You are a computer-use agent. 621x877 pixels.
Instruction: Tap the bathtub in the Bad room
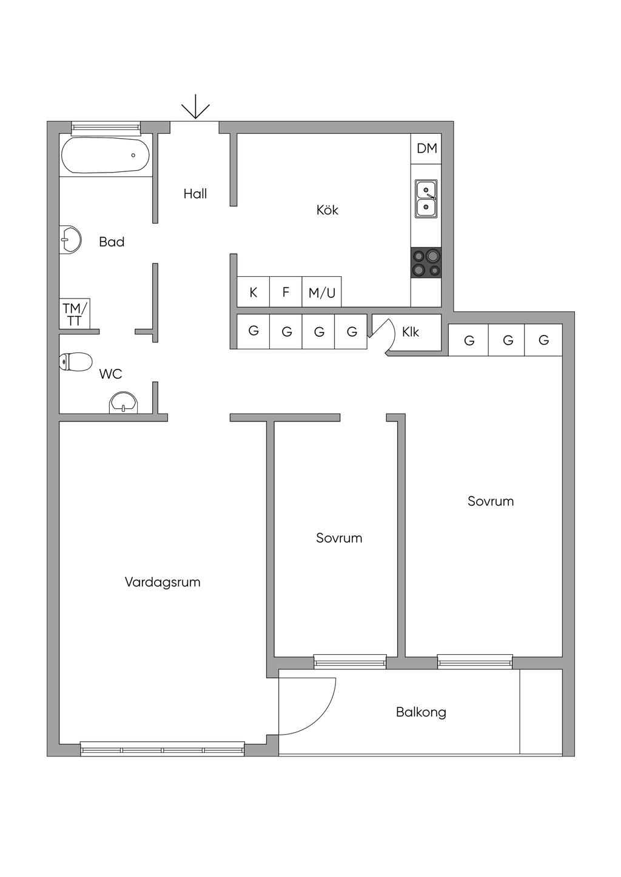106,155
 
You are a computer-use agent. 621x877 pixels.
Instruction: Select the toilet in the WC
76,361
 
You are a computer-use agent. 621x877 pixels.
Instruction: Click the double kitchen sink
426,199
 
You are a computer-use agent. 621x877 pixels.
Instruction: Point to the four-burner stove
426,263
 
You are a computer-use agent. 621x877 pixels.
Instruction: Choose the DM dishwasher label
426,148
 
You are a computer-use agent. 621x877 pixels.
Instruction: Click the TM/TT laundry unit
75,314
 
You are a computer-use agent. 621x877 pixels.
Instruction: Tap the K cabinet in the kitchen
253,292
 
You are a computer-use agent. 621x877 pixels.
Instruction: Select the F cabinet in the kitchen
286,292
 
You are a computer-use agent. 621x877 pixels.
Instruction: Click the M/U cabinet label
322,293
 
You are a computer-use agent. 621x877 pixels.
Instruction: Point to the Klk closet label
410,332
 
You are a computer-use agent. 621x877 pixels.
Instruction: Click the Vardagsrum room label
163,582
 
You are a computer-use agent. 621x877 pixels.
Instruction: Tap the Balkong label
421,712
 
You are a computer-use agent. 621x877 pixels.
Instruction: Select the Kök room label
327,210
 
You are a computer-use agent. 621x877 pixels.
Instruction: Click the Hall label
195,194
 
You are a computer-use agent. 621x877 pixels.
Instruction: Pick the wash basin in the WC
124,402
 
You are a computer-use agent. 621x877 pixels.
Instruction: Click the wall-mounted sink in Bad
70,240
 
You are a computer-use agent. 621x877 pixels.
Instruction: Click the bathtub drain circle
133,155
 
